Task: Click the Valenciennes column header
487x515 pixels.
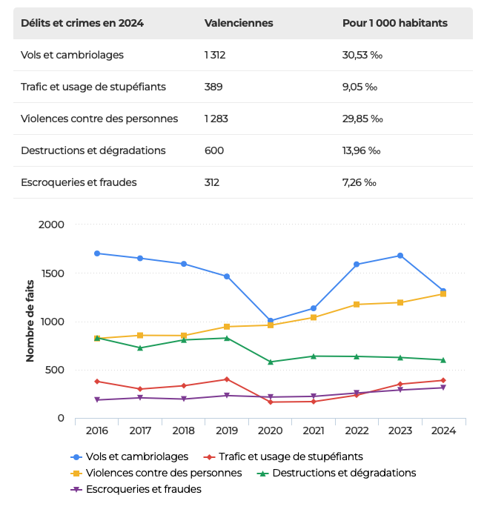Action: (239, 23)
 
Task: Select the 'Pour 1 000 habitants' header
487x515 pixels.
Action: (394, 23)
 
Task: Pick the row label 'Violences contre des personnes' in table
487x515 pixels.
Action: (99, 119)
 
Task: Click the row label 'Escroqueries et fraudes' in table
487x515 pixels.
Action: (79, 182)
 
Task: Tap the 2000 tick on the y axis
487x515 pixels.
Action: (51, 225)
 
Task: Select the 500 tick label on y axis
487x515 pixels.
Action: (55, 370)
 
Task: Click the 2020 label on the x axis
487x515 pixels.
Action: (270, 431)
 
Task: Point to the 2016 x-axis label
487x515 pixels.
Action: (96, 431)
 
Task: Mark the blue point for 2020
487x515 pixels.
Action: (270, 321)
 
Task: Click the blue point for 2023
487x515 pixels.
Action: (400, 256)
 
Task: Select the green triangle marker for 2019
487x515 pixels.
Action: (227, 338)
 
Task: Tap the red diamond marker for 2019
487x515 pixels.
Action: (227, 379)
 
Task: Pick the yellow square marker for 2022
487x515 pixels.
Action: (357, 305)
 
